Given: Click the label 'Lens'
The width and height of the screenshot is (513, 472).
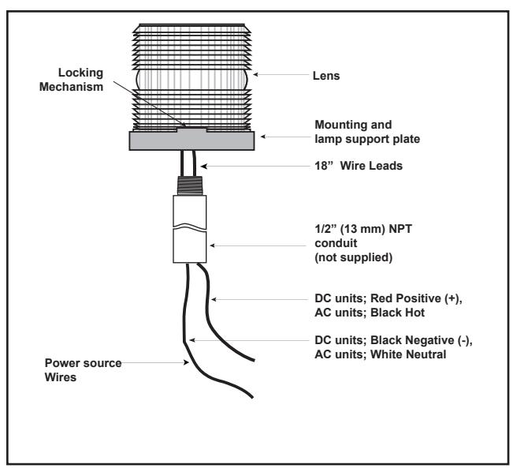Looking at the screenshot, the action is click(326, 76).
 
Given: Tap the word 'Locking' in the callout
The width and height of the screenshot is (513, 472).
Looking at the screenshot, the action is click(80, 73).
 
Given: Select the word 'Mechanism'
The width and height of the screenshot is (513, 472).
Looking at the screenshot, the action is click(72, 87).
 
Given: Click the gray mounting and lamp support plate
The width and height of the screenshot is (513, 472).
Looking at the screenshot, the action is click(191, 141).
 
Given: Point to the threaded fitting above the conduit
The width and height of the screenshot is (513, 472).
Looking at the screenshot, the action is click(190, 185).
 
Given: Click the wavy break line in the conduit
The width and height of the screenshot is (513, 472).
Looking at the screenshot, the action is click(190, 227).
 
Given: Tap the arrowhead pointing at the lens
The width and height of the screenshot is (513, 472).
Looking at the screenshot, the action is click(255, 74).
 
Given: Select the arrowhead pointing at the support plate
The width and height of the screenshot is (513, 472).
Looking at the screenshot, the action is click(263, 137).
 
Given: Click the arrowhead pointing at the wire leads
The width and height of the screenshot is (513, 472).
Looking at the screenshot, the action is click(204, 167).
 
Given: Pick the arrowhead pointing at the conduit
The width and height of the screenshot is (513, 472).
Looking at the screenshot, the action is click(212, 245).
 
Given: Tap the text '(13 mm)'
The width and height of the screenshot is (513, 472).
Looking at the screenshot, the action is click(362, 229).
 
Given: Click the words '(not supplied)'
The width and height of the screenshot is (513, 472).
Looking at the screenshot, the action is click(353, 257).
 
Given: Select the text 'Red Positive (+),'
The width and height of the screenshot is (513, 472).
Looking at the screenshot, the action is click(416, 298).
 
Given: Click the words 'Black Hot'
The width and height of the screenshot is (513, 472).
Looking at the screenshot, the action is click(397, 313).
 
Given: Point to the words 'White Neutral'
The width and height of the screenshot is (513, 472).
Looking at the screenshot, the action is click(408, 354).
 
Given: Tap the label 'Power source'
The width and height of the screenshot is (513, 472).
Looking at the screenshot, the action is click(83, 363).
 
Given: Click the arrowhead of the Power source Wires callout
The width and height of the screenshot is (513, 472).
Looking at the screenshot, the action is click(186, 362).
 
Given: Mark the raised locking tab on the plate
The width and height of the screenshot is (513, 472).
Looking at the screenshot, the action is click(191, 129).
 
